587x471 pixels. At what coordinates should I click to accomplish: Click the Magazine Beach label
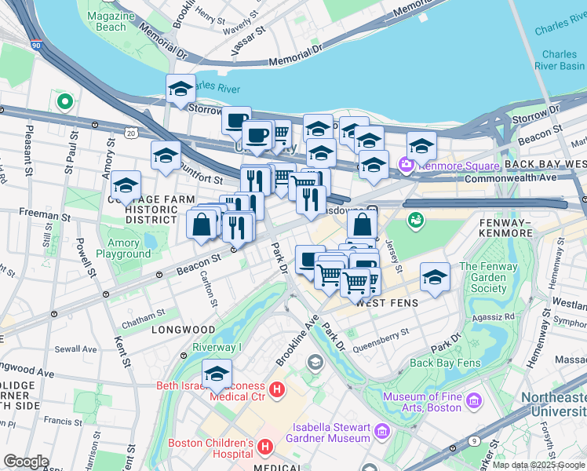coord(107,21)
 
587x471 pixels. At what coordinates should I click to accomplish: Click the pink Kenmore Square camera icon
coord(407,165)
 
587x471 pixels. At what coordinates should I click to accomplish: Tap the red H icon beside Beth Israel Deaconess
coord(275,389)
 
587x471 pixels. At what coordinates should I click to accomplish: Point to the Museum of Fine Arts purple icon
coord(472,402)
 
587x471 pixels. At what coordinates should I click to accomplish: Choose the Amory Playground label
coord(123,248)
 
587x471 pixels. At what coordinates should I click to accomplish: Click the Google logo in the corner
coord(26,461)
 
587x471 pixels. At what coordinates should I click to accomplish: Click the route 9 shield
coord(472,441)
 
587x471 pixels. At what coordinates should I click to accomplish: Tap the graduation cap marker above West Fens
coord(435,277)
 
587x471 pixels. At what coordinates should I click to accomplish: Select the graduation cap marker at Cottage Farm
coord(126,186)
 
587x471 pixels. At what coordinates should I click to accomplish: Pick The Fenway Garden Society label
coord(489,277)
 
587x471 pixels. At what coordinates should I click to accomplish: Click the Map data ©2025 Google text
coord(538,465)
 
